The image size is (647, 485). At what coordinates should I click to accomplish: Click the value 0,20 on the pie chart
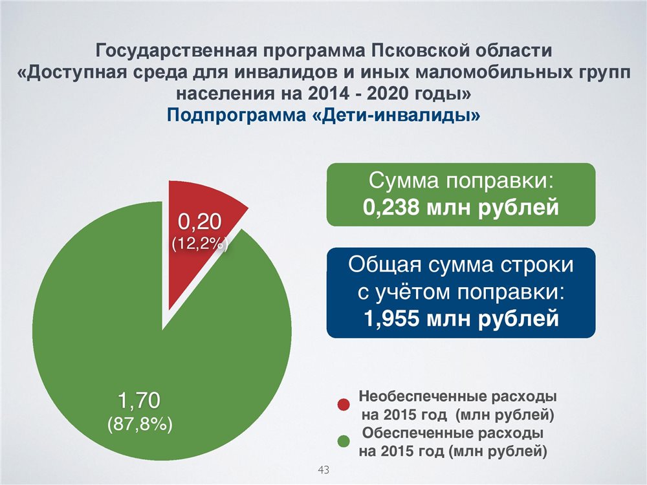[x=200, y=222]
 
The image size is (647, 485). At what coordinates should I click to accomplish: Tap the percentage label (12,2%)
[x=200, y=244]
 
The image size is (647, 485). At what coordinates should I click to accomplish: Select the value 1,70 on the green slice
[x=139, y=400]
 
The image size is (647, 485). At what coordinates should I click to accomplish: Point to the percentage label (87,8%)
[x=140, y=424]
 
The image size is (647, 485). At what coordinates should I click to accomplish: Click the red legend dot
[x=344, y=405]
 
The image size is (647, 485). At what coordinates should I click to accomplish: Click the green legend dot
[x=344, y=442]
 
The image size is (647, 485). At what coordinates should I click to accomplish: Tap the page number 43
[x=323, y=469]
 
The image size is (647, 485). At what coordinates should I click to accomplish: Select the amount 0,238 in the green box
[x=391, y=208]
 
